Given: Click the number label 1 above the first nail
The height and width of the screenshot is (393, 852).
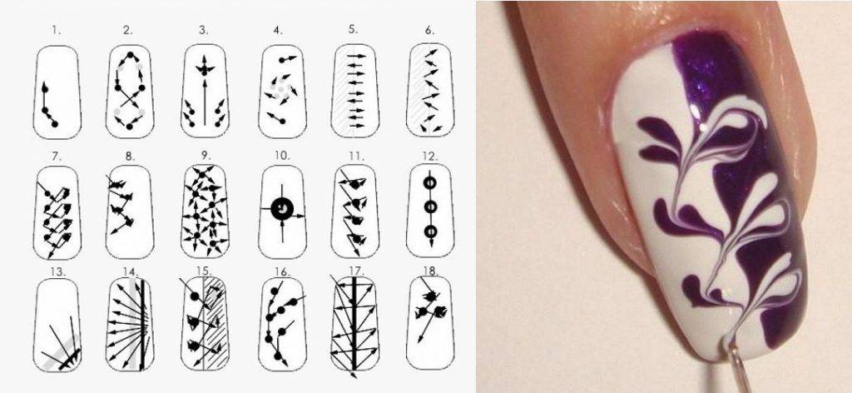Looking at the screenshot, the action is [x=57, y=31].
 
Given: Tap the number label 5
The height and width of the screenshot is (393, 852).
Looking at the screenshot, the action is [x=354, y=30].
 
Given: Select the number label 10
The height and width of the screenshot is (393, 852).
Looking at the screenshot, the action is [x=282, y=156].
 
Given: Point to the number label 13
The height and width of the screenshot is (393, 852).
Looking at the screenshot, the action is [x=57, y=271].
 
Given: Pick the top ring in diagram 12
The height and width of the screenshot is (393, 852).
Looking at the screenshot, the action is [x=430, y=182].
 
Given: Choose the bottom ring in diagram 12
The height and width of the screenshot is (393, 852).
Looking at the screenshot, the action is [x=430, y=231].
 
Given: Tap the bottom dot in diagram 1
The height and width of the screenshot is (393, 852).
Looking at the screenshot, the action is [x=55, y=124].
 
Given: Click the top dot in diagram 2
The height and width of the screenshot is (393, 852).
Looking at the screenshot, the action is [x=130, y=55].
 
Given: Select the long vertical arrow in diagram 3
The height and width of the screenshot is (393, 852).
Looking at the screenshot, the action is [x=205, y=102].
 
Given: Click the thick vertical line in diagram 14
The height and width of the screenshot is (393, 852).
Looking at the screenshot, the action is [x=143, y=325].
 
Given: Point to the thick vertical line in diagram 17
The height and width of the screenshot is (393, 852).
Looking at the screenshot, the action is [x=354, y=325].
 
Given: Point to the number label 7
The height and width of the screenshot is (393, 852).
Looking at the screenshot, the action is [x=57, y=157].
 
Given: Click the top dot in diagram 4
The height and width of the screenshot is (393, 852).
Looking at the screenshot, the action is [x=283, y=59].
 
